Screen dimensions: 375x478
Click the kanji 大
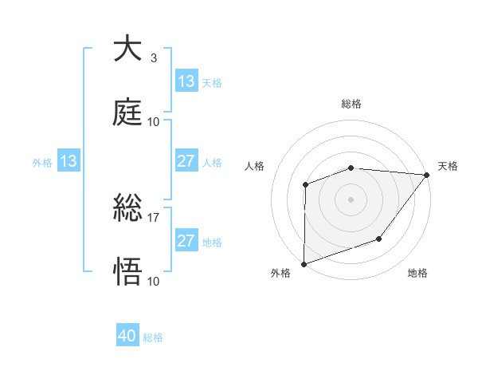point(127,49)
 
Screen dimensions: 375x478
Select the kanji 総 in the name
point(127,209)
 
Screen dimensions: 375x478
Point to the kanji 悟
point(127,271)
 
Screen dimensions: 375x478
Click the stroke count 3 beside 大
point(153,58)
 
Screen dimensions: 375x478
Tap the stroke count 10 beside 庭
point(154,121)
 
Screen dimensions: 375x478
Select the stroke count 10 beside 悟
point(154,281)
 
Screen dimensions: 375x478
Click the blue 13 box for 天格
point(186,81)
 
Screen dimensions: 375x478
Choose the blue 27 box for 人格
point(186,161)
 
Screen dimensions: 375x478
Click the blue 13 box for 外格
point(68,161)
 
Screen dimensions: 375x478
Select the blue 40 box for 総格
point(127,337)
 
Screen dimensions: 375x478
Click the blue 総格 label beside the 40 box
point(154,337)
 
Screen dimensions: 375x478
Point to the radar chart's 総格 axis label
point(351,104)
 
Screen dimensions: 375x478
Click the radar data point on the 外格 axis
point(304,263)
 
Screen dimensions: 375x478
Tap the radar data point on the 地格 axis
point(379,239)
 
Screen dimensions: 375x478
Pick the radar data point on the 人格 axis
point(305,185)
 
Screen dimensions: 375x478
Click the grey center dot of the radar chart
point(351,199)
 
